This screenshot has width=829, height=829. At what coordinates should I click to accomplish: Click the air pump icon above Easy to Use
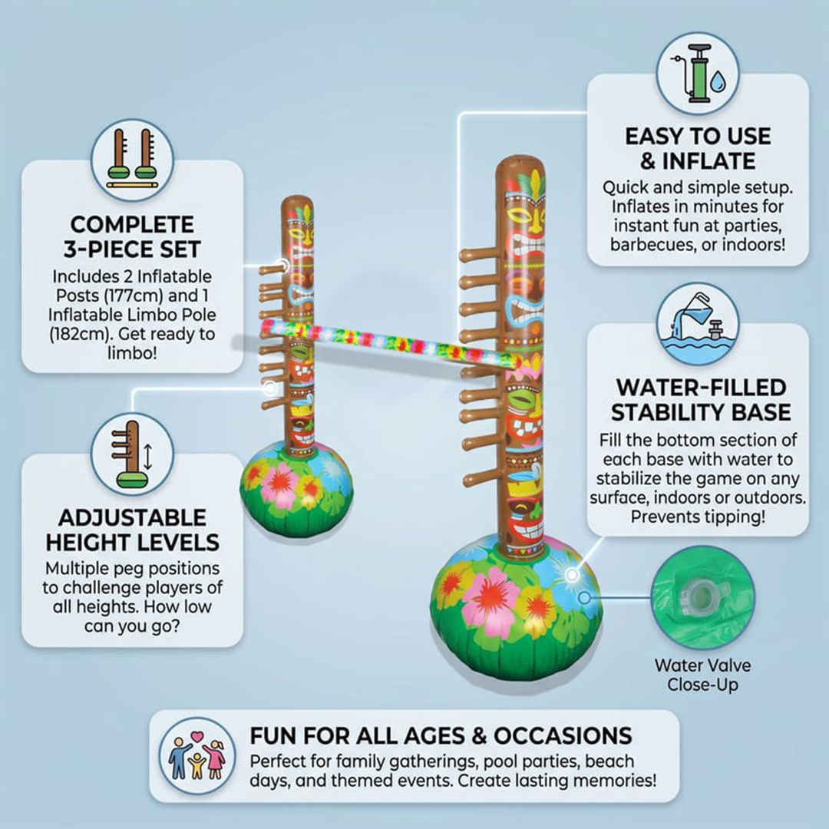tap(697, 74)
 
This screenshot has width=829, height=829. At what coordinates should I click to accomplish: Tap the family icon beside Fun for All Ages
tap(197, 755)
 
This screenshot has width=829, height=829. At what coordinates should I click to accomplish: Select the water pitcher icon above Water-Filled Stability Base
tap(697, 324)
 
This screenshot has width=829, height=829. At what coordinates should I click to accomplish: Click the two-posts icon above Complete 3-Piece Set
tap(132, 160)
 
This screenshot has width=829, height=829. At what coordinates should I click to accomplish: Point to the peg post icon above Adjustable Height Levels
tap(132, 454)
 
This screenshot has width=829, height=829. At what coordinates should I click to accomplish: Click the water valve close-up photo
tap(702, 597)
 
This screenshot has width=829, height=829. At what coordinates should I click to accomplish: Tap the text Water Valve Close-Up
tap(702, 675)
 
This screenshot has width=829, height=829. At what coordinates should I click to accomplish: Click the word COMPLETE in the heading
tap(132, 225)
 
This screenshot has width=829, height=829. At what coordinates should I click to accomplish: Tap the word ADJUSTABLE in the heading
tap(132, 518)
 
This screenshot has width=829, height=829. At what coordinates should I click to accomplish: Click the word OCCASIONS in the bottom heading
tap(563, 735)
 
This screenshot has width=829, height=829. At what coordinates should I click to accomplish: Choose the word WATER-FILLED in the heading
tap(701, 388)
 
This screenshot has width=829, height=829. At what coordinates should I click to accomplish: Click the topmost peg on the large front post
tap(478, 256)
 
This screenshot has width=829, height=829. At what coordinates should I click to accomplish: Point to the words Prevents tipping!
tap(698, 517)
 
